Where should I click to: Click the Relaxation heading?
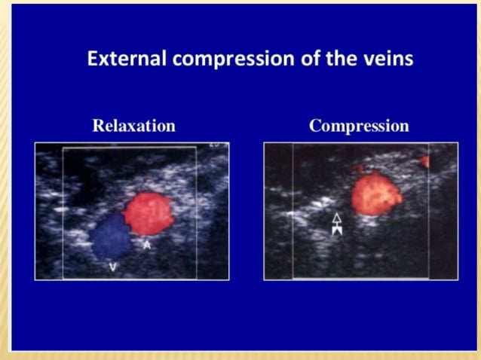[x=133, y=126]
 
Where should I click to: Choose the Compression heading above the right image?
[x=359, y=126]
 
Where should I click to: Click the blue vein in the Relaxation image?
[x=112, y=235]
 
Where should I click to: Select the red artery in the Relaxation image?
[x=149, y=213]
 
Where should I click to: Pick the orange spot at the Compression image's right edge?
[x=424, y=161]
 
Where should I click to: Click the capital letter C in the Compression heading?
[x=315, y=126]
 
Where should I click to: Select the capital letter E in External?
[x=92, y=59]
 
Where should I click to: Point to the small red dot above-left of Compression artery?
[x=359, y=169]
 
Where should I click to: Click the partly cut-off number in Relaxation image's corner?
[x=215, y=145]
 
